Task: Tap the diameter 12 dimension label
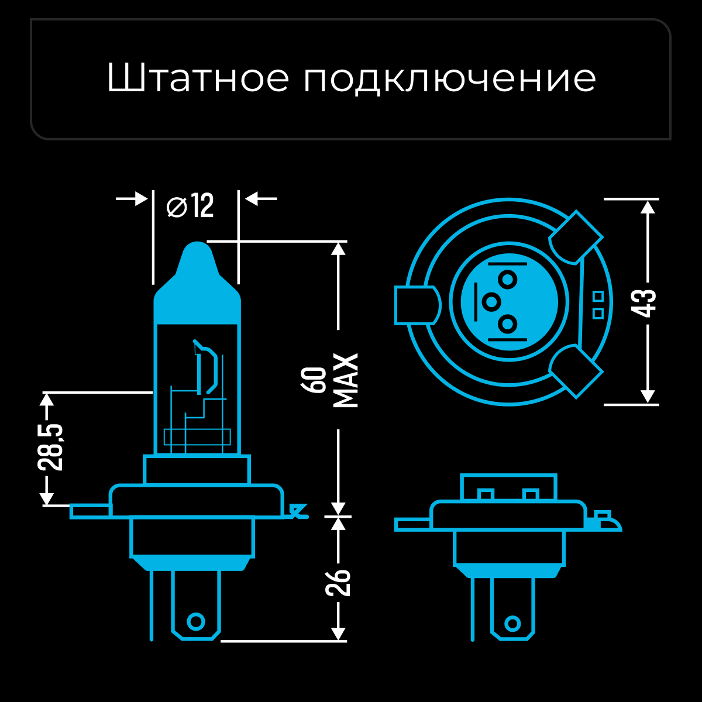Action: point(191,206)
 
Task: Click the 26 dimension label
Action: point(338,581)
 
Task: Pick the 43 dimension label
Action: point(646,302)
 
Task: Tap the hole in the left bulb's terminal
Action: point(195,621)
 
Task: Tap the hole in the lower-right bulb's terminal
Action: point(512,623)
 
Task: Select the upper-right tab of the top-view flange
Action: point(576,237)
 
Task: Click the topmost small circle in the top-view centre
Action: point(508,280)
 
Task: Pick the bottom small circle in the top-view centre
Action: point(508,324)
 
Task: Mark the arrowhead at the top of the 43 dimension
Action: point(648,207)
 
